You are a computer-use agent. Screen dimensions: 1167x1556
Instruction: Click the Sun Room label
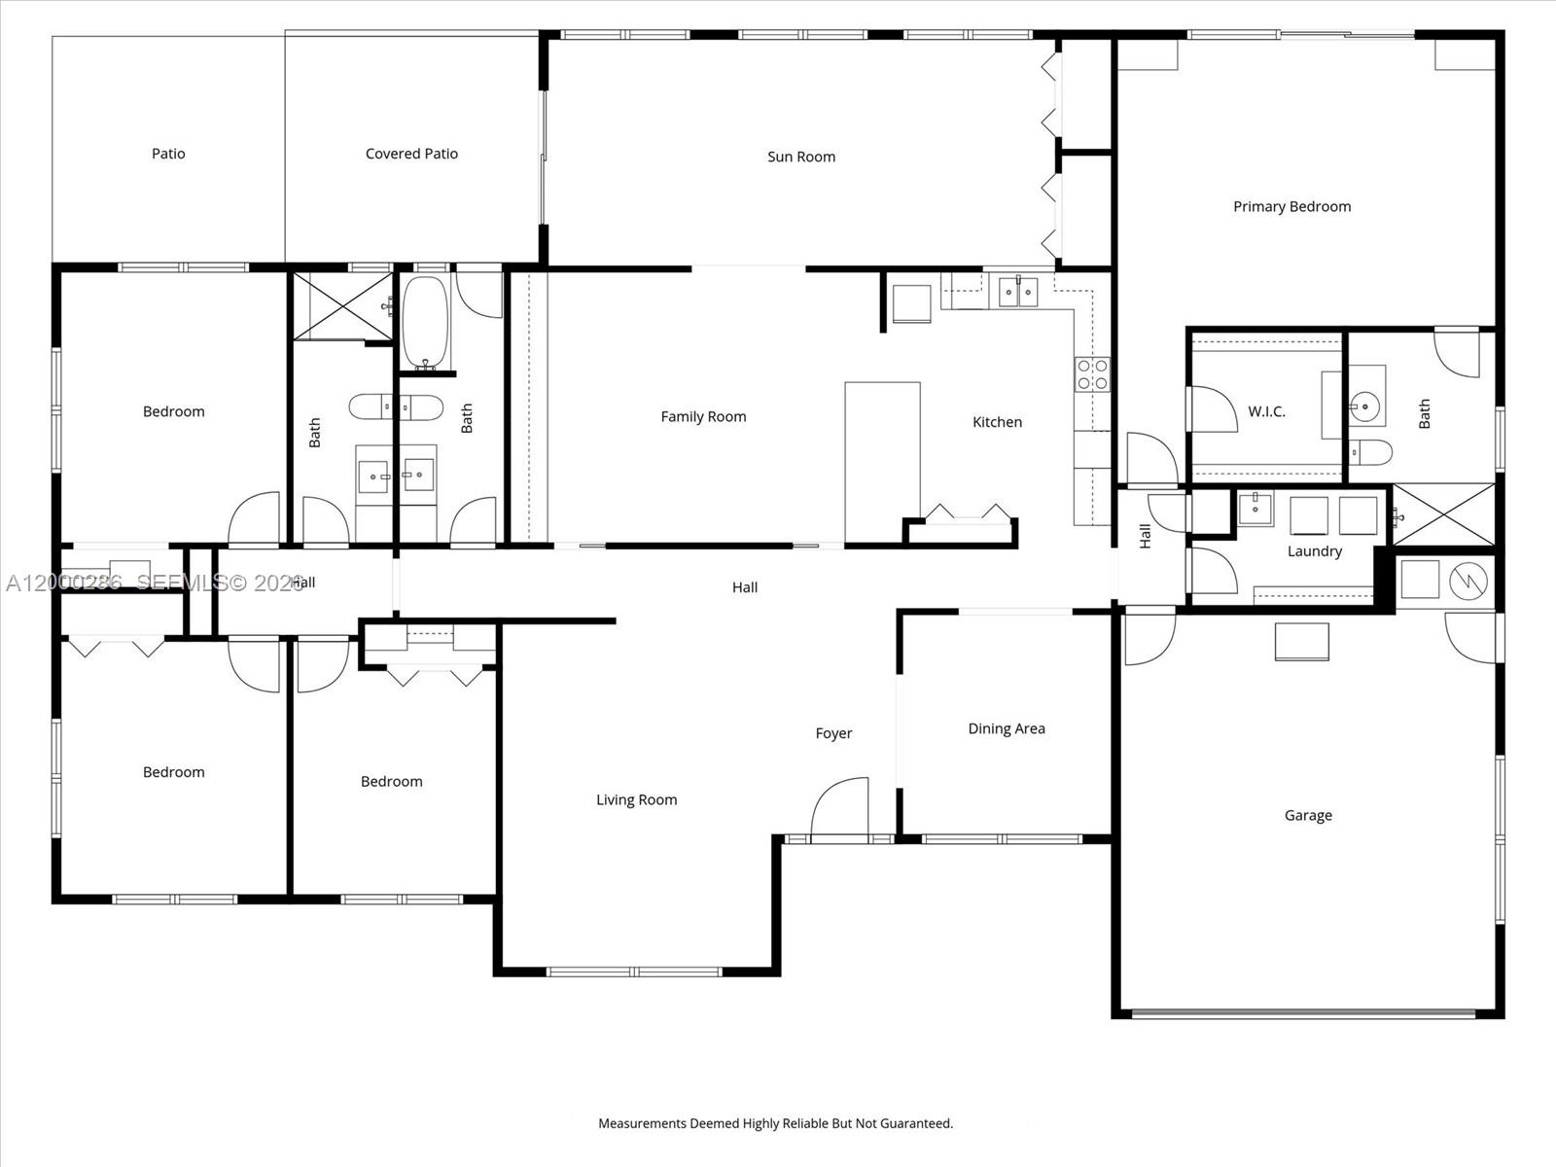coord(800,157)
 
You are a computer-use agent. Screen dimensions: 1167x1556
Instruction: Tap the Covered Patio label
coord(411,154)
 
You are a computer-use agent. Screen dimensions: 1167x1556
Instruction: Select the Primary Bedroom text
coord(1291,206)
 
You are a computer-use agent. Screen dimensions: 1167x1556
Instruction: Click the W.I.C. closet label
coord(1266,411)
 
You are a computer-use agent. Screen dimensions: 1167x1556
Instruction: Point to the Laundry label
coord(1314,551)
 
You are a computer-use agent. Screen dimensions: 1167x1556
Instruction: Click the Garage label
coord(1308,815)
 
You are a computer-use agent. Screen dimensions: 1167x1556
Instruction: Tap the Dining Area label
coord(1007,728)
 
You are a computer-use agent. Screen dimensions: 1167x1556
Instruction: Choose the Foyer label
coord(833,733)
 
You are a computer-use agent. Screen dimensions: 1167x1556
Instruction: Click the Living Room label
coord(636,799)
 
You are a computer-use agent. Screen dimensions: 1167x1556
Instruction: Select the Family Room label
coord(703,416)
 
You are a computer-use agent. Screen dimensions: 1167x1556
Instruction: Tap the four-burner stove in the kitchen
coord(1091,374)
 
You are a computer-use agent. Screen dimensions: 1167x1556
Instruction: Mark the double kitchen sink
coord(1018,292)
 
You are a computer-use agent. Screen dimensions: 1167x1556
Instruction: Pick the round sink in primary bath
coord(1366,403)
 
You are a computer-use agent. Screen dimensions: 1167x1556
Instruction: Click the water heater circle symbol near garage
coord(1468,581)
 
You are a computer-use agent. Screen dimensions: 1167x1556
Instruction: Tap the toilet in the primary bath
coord(1371,452)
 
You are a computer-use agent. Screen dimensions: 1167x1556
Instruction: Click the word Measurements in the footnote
coord(641,1123)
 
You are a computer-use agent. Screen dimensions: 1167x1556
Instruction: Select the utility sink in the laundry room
coord(1255,508)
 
